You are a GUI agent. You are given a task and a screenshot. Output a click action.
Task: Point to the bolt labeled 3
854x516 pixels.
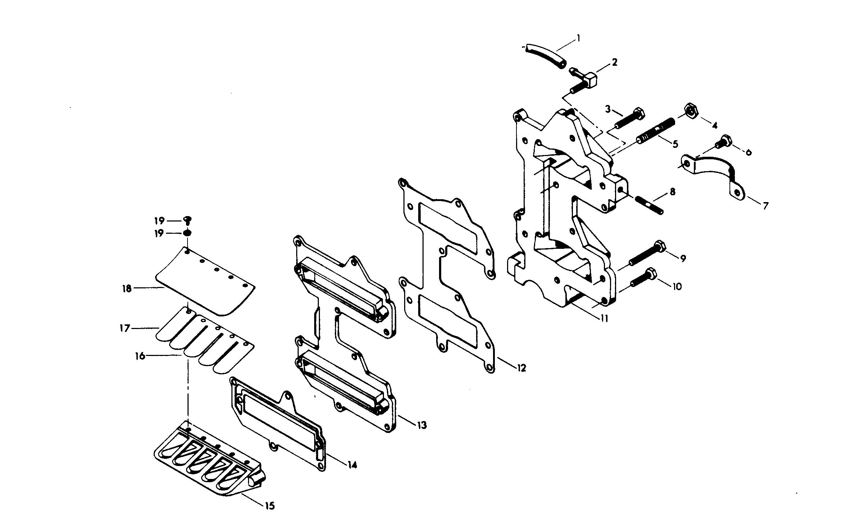(629, 118)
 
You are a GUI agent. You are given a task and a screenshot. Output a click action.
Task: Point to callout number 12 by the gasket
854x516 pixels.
(521, 368)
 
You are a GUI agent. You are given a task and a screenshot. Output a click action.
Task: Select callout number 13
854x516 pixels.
(422, 425)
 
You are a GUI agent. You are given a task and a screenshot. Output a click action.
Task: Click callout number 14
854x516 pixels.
(352, 465)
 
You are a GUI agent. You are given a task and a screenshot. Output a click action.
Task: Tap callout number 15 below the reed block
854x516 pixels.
(270, 506)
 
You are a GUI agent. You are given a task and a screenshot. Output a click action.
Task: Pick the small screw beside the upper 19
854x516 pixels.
(188, 220)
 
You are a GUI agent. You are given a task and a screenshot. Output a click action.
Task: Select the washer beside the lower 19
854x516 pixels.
(187, 233)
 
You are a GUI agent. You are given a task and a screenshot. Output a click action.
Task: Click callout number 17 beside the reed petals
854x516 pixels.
(125, 328)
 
